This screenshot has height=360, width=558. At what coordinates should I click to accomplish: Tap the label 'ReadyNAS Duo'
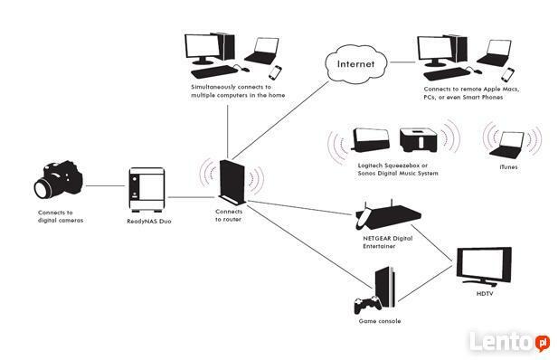(x=147, y=220)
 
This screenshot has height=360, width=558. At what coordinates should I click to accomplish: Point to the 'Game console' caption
(x=377, y=322)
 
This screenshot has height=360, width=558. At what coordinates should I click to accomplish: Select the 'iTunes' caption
(x=508, y=166)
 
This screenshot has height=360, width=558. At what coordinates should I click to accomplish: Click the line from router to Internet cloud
(x=280, y=118)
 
